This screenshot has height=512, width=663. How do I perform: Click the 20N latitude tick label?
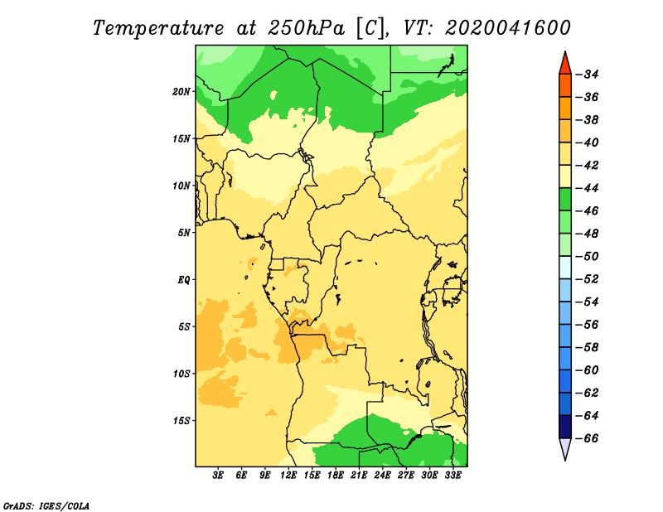tap(181, 92)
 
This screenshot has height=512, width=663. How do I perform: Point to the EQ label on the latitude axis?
tap(183, 280)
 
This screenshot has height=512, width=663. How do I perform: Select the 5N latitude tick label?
tap(184, 233)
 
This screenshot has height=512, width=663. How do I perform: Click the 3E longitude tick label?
tap(218, 476)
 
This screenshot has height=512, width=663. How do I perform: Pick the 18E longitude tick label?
tap(336, 476)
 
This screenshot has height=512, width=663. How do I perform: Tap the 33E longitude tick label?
tap(452, 476)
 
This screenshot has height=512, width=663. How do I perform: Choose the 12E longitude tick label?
tap(288, 476)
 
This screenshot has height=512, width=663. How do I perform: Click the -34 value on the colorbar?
tap(588, 75)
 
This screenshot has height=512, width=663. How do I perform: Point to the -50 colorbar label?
tap(588, 257)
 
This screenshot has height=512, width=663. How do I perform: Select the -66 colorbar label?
tap(588, 438)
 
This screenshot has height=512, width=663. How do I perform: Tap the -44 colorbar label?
tap(588, 189)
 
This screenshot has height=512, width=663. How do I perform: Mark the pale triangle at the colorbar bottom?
tap(565, 447)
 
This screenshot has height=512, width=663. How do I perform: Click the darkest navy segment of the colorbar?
tap(565, 427)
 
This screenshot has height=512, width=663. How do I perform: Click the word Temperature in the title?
tap(158, 29)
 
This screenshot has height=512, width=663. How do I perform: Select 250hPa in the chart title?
tap(306, 28)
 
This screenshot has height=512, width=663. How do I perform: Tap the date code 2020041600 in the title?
tap(508, 28)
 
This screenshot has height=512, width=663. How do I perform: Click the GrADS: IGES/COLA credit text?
tap(46, 506)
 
